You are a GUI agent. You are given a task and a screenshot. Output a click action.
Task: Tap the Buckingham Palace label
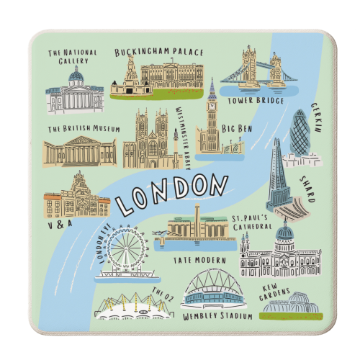159,52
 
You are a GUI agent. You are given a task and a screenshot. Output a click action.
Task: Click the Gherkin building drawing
300,134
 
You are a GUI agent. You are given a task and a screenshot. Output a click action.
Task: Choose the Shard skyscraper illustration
277,176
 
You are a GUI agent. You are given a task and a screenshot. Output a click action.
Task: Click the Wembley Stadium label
217,316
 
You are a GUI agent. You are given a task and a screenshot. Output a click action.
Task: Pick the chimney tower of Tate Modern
197,216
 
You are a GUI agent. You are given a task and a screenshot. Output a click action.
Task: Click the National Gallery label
71,57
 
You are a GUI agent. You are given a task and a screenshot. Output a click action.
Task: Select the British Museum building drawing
78,151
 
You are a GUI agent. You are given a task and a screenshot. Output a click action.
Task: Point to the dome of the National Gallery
76,77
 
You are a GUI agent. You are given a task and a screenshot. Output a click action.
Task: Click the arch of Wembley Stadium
217,277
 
